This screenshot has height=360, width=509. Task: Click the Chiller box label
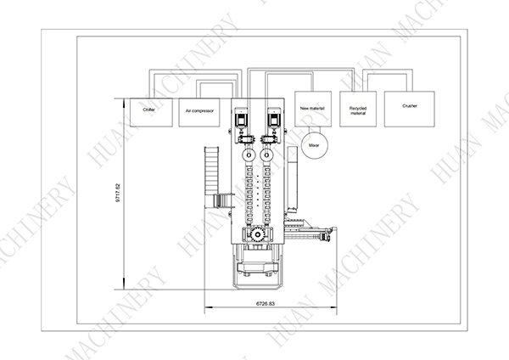click(148, 110)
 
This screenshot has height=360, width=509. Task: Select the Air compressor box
click(200, 110)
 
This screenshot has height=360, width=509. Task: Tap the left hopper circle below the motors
click(247, 156)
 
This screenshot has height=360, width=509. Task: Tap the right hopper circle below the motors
click(268, 156)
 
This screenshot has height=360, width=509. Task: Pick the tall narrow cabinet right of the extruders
click(294, 182)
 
